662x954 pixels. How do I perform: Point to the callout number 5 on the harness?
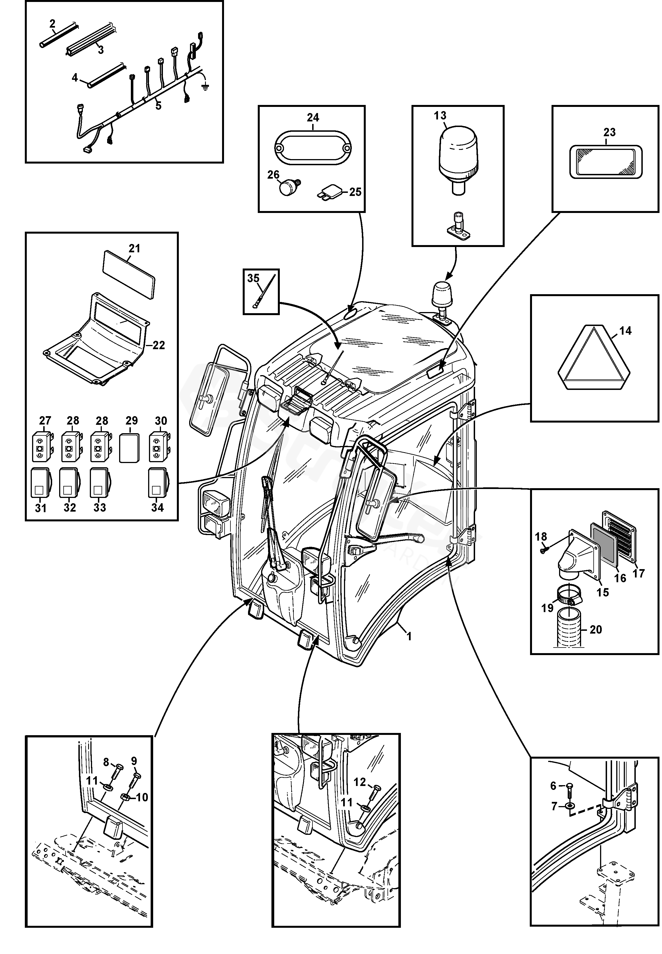point(158,106)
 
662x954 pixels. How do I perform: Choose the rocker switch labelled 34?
point(157,483)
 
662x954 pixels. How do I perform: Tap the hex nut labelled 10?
point(124,797)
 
